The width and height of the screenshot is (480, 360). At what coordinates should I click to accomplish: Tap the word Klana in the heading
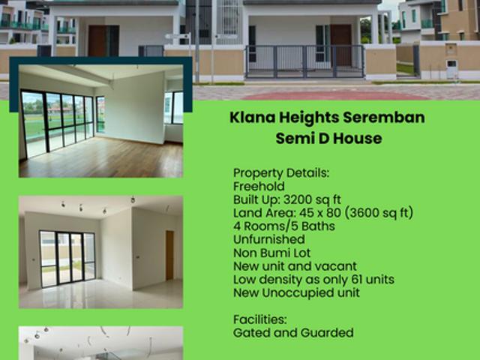251,118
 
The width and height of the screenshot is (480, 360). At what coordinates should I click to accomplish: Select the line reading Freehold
258,186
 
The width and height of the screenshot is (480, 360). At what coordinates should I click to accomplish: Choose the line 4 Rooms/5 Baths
283,226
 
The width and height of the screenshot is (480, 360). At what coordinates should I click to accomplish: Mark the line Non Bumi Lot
271,253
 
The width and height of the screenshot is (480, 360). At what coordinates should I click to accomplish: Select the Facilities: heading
259,319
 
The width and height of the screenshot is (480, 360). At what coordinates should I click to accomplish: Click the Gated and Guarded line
292,332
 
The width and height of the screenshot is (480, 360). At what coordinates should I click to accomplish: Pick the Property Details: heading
280,172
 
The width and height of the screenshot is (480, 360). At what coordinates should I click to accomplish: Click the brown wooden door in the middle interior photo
169,255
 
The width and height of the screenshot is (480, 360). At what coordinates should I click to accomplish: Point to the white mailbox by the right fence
451,70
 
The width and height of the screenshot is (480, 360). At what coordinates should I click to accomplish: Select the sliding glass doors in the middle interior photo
67,258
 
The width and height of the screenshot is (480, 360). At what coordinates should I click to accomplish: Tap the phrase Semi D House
328,139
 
